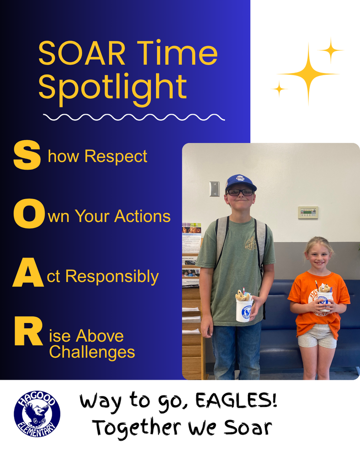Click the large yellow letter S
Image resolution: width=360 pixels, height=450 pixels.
click(27, 155)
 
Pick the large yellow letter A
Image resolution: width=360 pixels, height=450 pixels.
click(28, 276)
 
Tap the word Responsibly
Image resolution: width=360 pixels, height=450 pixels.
click(112, 277)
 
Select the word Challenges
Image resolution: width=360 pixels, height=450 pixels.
click(92, 352)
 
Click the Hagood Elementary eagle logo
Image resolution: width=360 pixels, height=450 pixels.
click(37, 414)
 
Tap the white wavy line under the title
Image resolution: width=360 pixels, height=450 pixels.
click(134, 117)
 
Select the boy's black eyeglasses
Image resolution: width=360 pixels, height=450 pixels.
click(240, 192)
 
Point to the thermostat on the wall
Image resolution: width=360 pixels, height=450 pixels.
click(308, 212)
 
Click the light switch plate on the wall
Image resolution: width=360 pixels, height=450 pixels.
click(214, 189)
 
